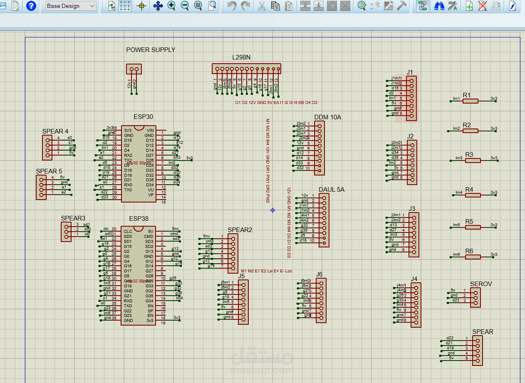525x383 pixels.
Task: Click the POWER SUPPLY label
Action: [151, 50]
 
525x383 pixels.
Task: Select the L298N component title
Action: [241, 57]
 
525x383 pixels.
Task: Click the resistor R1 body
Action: [471, 101]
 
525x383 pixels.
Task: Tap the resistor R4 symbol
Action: [473, 195]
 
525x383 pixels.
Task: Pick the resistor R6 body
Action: [473, 257]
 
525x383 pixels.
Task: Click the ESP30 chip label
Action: [143, 117]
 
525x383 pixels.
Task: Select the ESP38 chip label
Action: [139, 219]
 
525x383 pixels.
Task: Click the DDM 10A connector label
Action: [327, 117]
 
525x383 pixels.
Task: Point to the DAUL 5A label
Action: [332, 190]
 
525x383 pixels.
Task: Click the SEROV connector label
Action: [481, 284]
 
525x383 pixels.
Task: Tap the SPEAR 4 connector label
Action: [55, 131]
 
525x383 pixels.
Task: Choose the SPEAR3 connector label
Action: [73, 218]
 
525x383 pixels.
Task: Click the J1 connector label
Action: [410, 72]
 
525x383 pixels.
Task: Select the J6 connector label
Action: [319, 274]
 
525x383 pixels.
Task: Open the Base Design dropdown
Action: [70, 6]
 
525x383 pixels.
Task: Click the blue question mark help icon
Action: [31, 6]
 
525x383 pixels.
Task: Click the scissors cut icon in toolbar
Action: [262, 6]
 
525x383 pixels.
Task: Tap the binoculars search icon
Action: [438, 6]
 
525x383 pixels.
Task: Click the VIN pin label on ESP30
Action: [150, 131]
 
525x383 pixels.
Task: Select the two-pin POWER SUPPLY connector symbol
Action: [134, 69]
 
